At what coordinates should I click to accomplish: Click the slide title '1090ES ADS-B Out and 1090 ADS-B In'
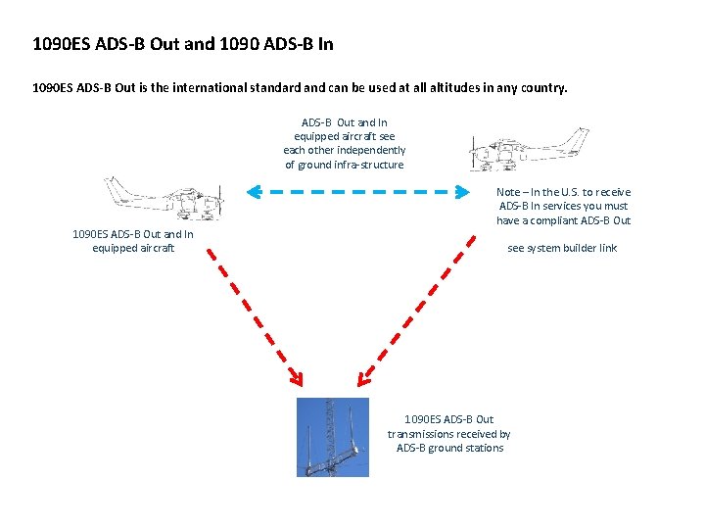tap(183, 44)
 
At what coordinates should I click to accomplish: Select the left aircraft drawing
tap(164, 199)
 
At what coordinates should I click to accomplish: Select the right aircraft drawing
tap(529, 150)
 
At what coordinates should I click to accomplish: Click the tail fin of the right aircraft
tap(578, 140)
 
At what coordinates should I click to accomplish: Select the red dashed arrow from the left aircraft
tap(254, 314)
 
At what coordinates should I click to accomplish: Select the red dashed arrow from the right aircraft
tap(411, 314)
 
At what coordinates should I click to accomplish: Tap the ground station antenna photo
tap(333, 437)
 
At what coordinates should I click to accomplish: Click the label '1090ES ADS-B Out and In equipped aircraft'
tap(133, 241)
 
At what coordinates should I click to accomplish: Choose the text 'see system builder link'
tap(562, 248)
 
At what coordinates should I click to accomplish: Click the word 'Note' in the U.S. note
tap(508, 193)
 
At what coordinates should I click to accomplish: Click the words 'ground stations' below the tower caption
tap(469, 448)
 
